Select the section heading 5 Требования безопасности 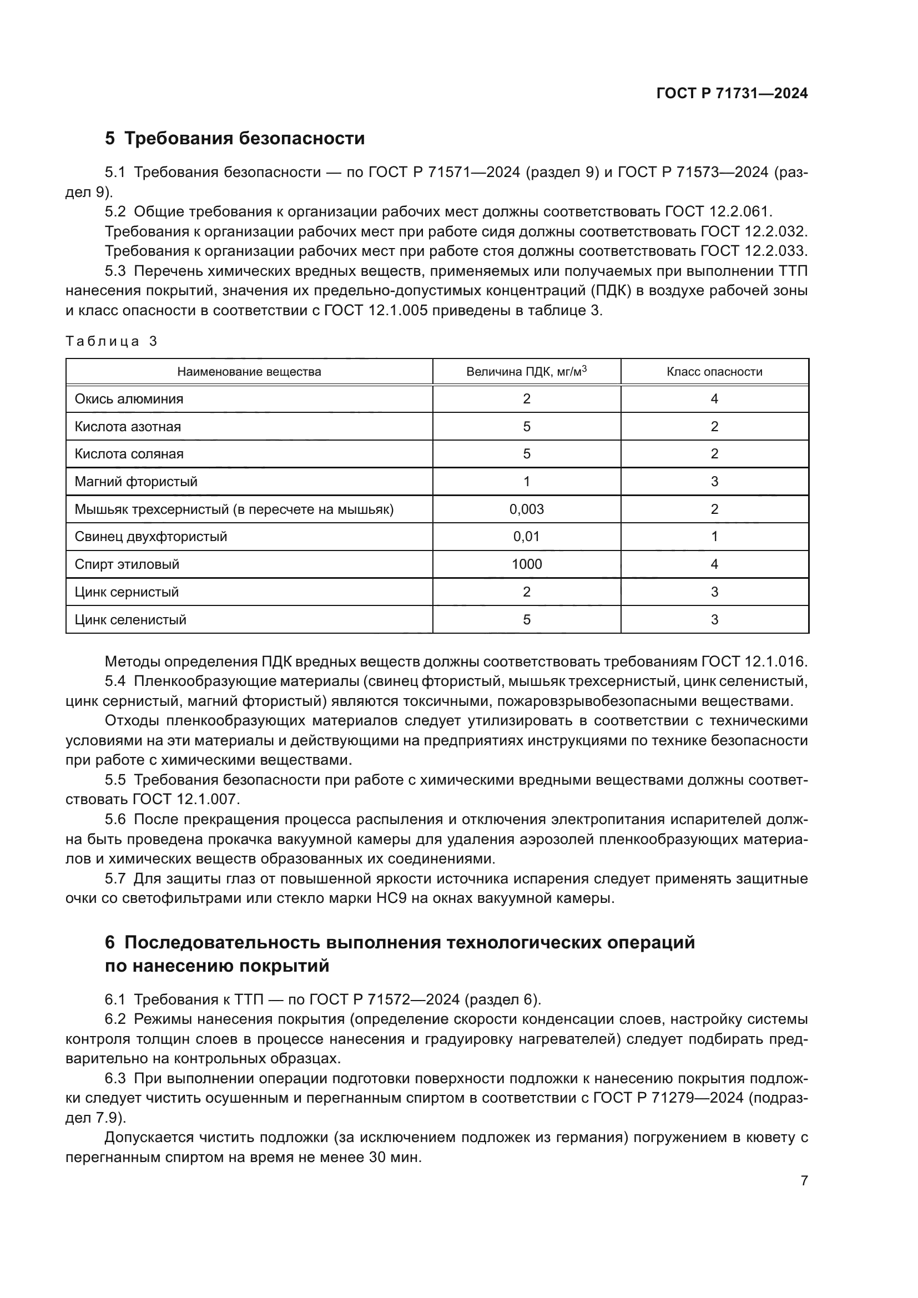pyautogui.click(x=235, y=138)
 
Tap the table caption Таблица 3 pyautogui.click(x=112, y=341)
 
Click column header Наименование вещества pyautogui.click(x=249, y=371)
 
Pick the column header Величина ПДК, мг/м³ pyautogui.click(x=526, y=371)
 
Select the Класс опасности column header pyautogui.click(x=714, y=371)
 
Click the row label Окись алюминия pyautogui.click(x=129, y=398)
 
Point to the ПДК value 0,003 pyautogui.click(x=526, y=509)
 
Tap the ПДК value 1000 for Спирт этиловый pyautogui.click(x=526, y=564)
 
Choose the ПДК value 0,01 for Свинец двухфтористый pyautogui.click(x=526, y=536)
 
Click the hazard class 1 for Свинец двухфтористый pyautogui.click(x=714, y=536)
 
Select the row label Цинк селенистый pyautogui.click(x=130, y=619)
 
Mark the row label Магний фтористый pyautogui.click(x=136, y=481)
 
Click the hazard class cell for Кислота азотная pyautogui.click(x=714, y=426)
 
